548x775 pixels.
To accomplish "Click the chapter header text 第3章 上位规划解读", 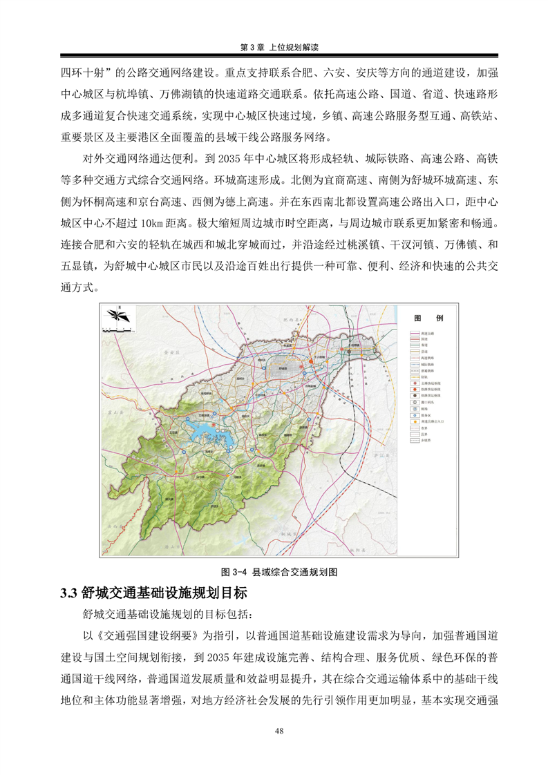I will click(274, 47).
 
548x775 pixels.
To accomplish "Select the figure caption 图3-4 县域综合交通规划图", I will click(278, 573).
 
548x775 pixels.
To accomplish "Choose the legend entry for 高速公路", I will click(419, 334).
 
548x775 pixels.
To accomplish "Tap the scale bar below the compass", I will click(115, 334).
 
